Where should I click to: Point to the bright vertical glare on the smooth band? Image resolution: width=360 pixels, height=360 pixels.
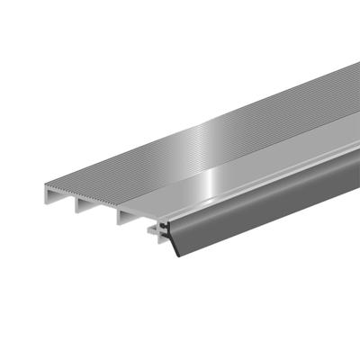click(209, 181)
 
